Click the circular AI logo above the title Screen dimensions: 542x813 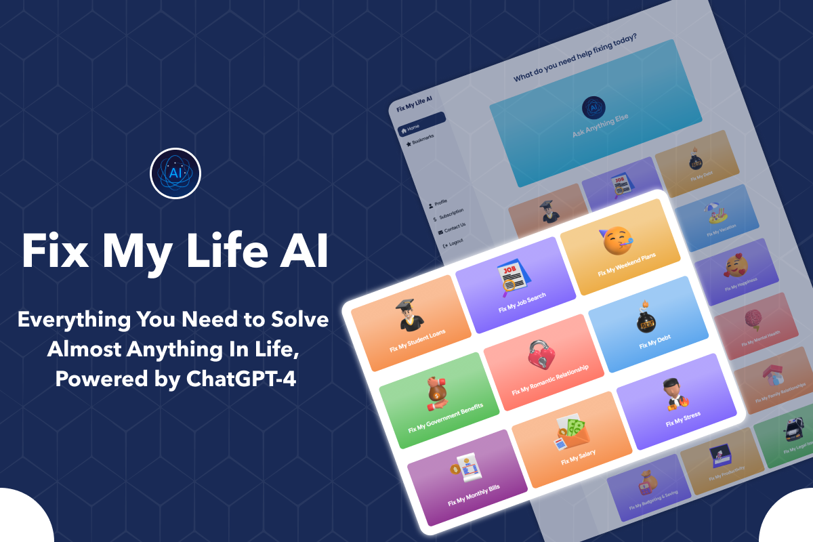(175, 172)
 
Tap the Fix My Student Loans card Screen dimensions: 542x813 (411, 323)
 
